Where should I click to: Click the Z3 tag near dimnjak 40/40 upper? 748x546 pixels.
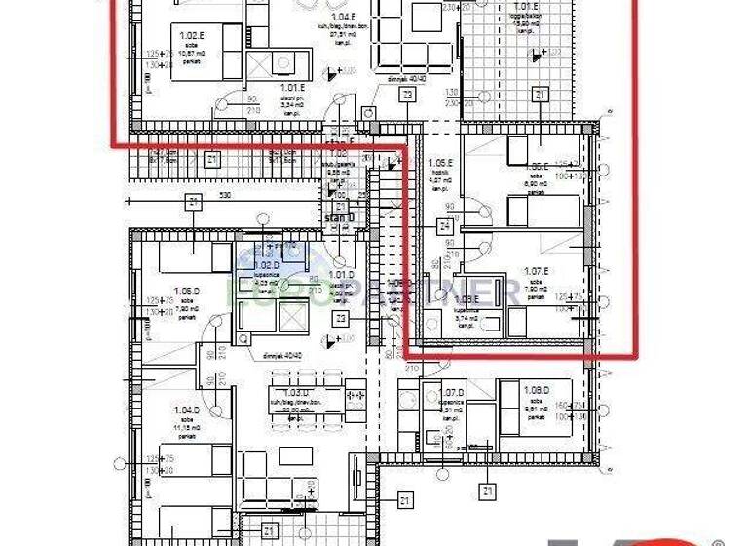pyautogui.click(x=407, y=95)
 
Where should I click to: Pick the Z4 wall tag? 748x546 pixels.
pyautogui.click(x=444, y=226)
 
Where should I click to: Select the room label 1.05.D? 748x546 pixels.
pyautogui.click(x=187, y=291)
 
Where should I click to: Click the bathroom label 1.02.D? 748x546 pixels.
pyautogui.click(x=268, y=264)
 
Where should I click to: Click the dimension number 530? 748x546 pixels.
pyautogui.click(x=225, y=197)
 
